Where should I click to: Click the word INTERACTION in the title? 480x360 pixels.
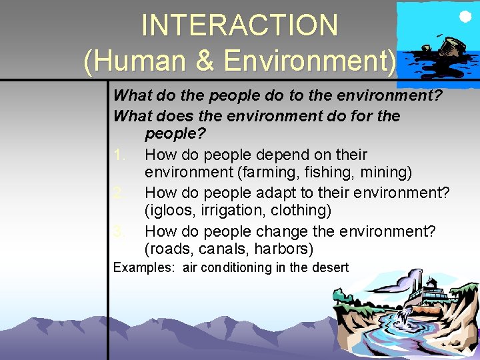pos(239,25)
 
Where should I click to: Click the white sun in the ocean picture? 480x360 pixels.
pos(462,16)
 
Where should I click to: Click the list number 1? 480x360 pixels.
pos(119,155)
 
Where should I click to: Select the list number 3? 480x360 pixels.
pos(119,231)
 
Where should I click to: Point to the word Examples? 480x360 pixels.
pos(143,268)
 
